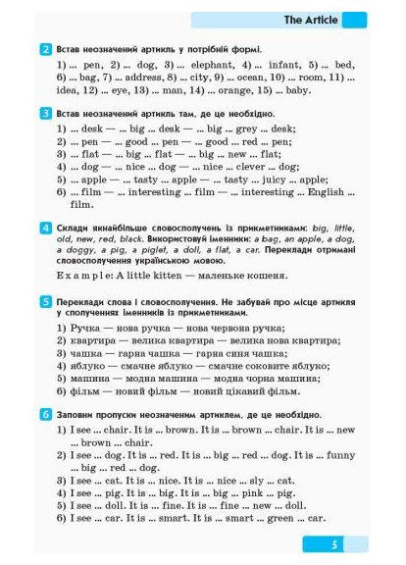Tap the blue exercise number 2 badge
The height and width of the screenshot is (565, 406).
[x=46, y=49]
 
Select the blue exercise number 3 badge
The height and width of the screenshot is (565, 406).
[x=46, y=114]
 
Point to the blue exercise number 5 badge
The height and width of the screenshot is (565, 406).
[x=46, y=303]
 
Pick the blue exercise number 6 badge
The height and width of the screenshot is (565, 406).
[x=46, y=416]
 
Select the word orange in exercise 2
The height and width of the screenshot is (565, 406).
[x=245, y=90]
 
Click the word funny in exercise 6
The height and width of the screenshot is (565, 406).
[x=318, y=455]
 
